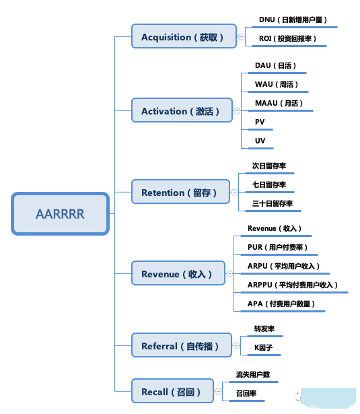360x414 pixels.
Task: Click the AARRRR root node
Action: (60, 214)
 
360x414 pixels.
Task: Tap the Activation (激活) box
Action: (182, 111)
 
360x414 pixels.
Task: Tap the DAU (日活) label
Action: (275, 66)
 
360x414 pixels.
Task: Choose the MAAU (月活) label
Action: (279, 103)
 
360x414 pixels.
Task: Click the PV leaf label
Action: (260, 122)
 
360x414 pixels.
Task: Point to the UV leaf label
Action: (260, 141)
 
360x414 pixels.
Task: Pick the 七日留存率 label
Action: (269, 184)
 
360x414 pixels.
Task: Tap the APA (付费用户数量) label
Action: (281, 304)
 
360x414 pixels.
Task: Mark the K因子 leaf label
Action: (263, 347)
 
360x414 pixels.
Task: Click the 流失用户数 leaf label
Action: (252, 374)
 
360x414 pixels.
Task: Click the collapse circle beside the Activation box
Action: (236, 111)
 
